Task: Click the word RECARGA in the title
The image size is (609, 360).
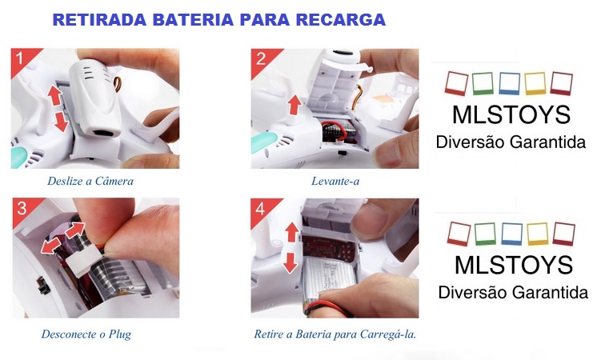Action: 341,20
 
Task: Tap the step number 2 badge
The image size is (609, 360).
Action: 261,58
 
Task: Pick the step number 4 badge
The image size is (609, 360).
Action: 260,209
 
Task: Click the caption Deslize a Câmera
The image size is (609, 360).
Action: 90,181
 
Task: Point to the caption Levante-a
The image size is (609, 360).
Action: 335,181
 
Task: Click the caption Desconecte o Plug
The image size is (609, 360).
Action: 86,334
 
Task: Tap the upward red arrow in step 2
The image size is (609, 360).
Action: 294,105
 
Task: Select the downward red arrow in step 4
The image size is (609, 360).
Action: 290,262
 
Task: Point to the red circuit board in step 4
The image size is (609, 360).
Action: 329,249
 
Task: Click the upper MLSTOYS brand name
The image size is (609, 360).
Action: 511,114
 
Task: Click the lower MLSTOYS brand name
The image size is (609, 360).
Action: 514,266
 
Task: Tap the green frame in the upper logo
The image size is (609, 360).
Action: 483,83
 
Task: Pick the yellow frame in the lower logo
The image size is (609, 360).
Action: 538,234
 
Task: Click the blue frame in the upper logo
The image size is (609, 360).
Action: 510,83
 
